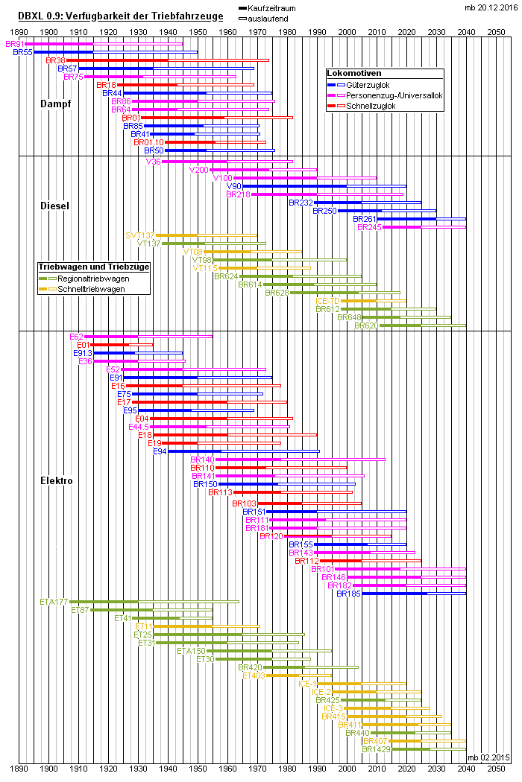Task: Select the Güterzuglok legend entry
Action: click(x=374, y=85)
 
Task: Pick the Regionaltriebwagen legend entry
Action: click(x=92, y=278)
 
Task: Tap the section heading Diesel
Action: click(x=55, y=206)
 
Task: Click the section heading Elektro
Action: click(x=56, y=481)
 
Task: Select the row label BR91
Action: click(x=14, y=45)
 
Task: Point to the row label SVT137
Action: click(x=140, y=235)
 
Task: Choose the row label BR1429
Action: click(x=376, y=749)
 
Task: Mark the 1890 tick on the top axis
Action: click(x=19, y=32)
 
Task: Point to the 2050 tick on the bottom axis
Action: click(x=496, y=766)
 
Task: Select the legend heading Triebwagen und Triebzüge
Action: click(x=94, y=267)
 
